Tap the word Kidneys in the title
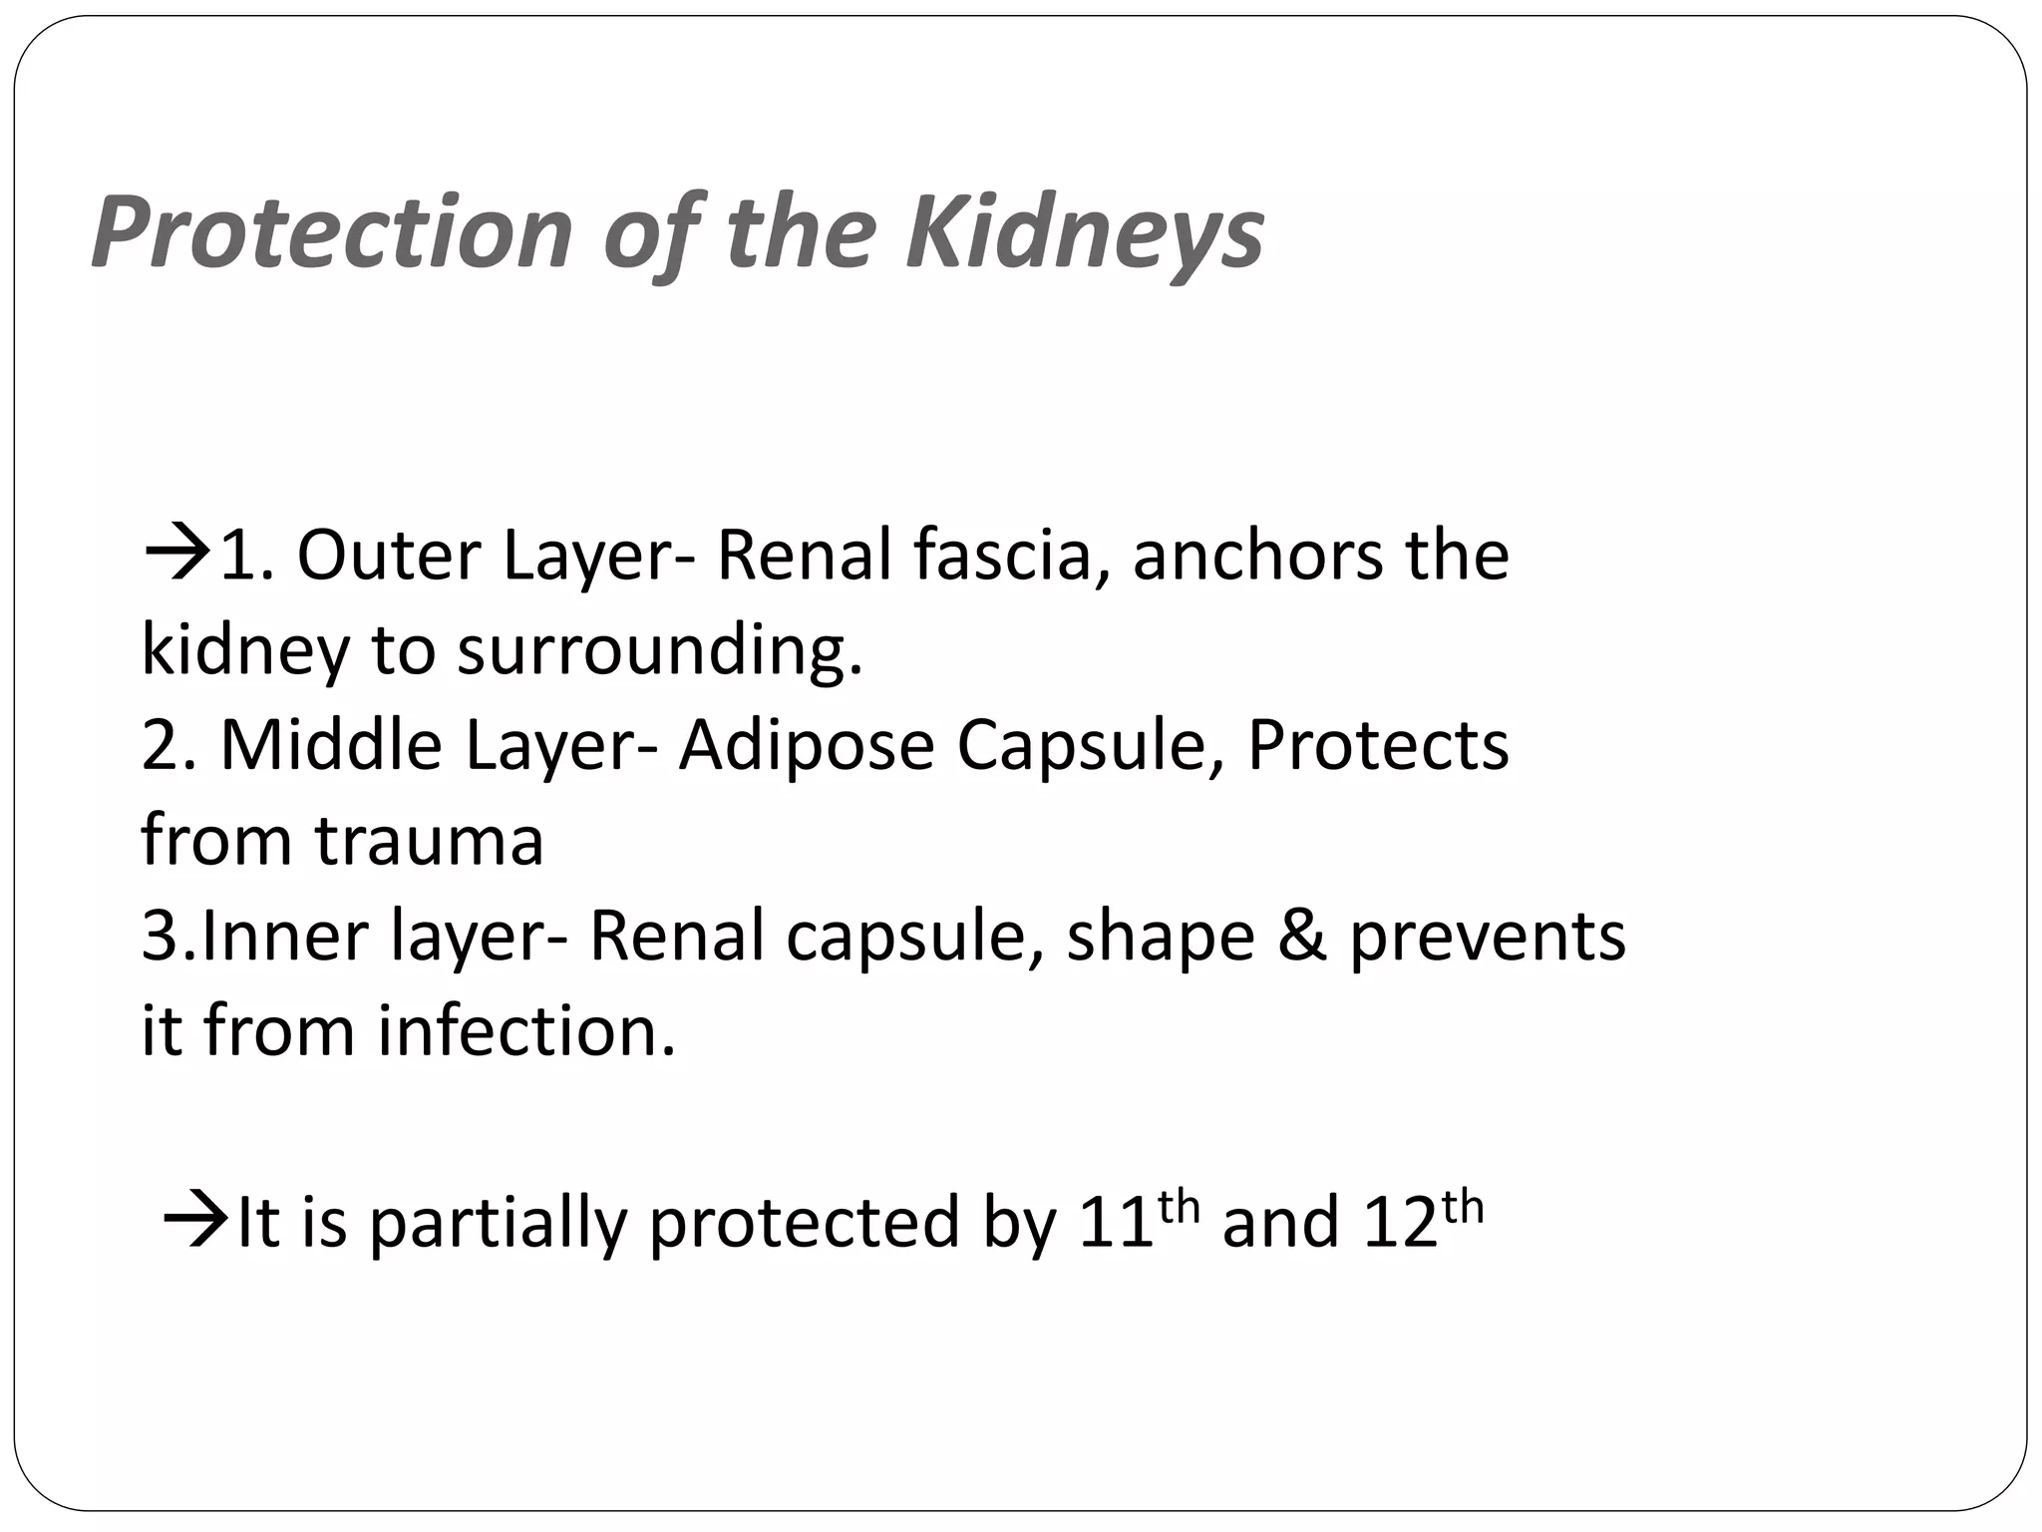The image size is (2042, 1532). (x=1084, y=232)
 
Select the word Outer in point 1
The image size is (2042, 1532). (x=388, y=555)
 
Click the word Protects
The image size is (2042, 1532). (x=1378, y=745)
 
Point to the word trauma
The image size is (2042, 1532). (x=430, y=840)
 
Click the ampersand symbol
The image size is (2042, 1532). (x=1302, y=936)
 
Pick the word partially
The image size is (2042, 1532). (x=498, y=1223)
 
